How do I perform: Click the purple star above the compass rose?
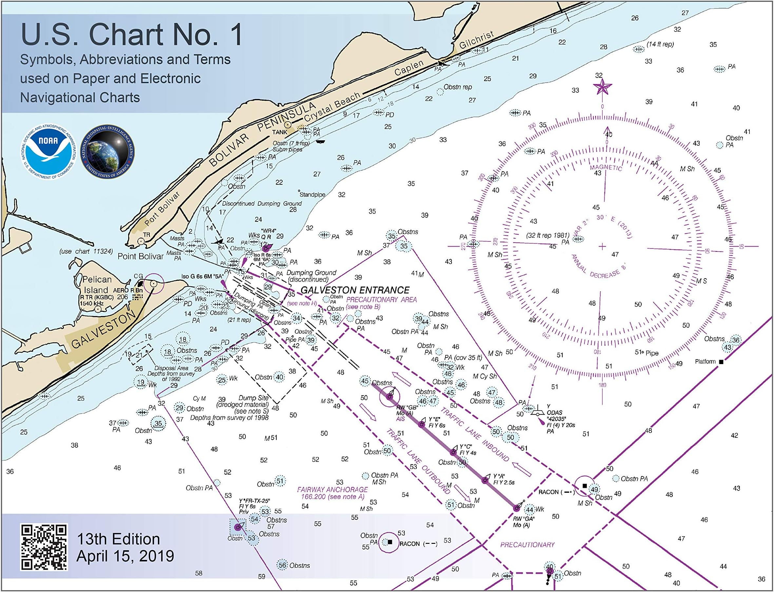point(602,87)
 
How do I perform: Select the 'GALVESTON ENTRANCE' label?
point(355,290)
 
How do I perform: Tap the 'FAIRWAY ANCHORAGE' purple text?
point(332,490)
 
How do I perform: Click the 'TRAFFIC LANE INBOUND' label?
point(474,435)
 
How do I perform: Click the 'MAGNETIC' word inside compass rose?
point(606,168)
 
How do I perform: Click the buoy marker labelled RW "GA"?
point(516,508)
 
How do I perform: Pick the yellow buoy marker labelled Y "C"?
point(454,452)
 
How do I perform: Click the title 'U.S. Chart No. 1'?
point(131,34)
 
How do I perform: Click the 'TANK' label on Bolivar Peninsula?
point(280,133)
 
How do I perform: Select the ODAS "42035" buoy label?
point(556,419)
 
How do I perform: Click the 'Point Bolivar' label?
point(140,256)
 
